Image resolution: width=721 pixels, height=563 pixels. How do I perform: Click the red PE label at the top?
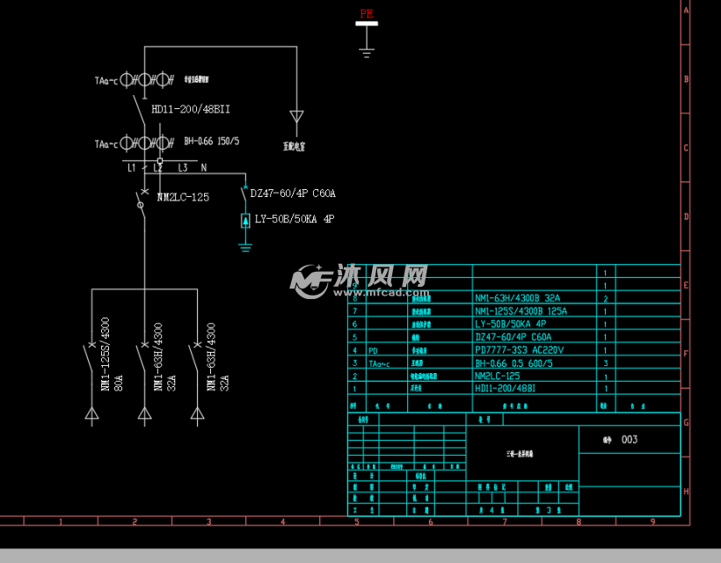[367, 13]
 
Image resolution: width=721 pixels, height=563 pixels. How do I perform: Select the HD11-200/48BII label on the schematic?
[191, 109]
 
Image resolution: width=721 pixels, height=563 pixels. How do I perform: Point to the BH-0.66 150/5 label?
[212, 141]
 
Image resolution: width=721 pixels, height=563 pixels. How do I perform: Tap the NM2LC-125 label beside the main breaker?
[183, 197]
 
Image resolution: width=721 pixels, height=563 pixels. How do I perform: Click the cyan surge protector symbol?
[245, 220]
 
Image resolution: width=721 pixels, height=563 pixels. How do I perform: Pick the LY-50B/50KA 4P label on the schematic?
[294, 219]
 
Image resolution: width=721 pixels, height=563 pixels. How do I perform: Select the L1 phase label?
[132, 167]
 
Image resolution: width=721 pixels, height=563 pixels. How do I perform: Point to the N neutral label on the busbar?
[204, 167]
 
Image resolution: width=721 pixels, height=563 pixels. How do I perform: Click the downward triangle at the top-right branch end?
[297, 116]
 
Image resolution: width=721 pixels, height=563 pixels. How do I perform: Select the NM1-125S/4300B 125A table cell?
[521, 311]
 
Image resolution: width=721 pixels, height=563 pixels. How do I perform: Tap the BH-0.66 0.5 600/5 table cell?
[513, 362]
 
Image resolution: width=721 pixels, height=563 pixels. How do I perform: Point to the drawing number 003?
[629, 440]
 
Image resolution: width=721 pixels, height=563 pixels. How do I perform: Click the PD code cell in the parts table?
[374, 349]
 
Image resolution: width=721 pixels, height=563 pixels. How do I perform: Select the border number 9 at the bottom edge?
[652, 521]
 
